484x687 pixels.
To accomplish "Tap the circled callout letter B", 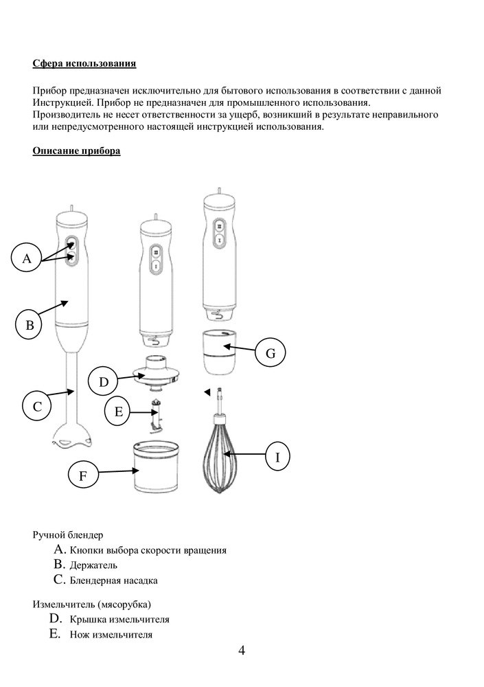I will [30, 325].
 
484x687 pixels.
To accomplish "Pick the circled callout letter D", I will [104, 382].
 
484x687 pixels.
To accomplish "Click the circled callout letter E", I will [118, 412].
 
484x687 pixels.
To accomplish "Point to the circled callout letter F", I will [83, 475].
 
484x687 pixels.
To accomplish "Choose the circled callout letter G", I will [270, 353].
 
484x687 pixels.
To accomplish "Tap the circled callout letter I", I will [277, 456].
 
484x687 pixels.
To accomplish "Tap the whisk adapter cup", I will [220, 352].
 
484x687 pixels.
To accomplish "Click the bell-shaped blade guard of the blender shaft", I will [71, 436].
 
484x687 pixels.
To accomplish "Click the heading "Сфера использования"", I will [84, 64].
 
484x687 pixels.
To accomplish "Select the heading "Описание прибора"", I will [76, 150].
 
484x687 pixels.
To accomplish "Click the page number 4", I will [242, 651].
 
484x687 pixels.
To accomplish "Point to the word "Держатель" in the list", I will [93, 565].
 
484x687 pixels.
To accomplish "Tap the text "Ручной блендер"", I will [68, 534].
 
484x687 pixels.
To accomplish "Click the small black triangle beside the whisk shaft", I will [206, 392].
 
